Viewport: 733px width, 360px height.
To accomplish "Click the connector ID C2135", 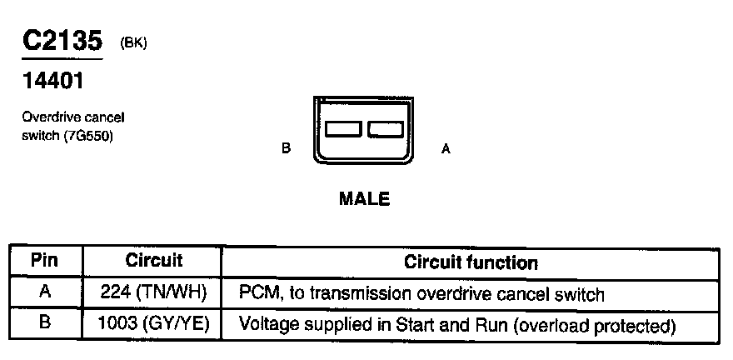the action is coord(62,42).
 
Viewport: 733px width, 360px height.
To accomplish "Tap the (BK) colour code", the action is coord(133,43).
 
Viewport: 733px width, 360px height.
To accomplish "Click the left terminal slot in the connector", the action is coord(343,129).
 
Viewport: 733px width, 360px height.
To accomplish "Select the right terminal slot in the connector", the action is coord(385,129).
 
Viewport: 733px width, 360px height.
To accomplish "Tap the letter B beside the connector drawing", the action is coord(286,150).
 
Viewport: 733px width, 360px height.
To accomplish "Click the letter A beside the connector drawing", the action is coord(446,150).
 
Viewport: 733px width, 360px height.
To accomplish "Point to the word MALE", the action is coord(364,199).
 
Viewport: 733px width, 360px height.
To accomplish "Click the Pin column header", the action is coord(44,262).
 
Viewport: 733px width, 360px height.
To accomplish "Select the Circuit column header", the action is coord(153,262).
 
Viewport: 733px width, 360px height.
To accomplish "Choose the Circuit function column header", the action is coord(471,263).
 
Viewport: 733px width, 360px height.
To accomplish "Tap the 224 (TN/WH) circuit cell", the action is coord(154,293).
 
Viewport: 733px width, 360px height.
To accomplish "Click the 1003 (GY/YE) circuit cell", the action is coord(154,323).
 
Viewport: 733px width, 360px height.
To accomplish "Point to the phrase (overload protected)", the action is coord(595,324).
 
